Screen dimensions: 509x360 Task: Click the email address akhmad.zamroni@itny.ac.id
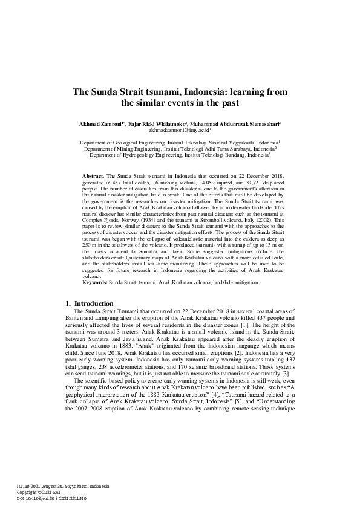point(180,130)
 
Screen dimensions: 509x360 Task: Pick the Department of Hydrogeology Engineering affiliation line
point(180,155)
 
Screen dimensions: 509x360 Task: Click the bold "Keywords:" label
point(94,282)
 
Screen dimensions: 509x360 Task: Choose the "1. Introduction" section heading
point(89,303)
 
